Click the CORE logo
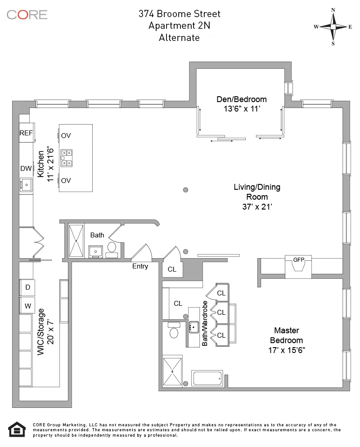[x=27, y=14]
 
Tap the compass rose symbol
[x=333, y=27]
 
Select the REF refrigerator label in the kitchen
[x=26, y=133]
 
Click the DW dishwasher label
[x=26, y=169]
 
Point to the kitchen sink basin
[x=26, y=184]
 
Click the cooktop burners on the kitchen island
[x=67, y=158]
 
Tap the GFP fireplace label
[x=299, y=260]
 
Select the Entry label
[x=140, y=266]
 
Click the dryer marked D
[x=27, y=287]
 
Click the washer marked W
[x=27, y=306]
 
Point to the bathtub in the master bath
[x=208, y=378]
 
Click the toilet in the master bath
[x=174, y=331]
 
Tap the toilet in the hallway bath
[x=112, y=248]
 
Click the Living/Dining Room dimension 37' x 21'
[x=256, y=207]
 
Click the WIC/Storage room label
[x=41, y=332]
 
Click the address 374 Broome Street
[x=179, y=14]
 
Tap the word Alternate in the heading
[x=179, y=38]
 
